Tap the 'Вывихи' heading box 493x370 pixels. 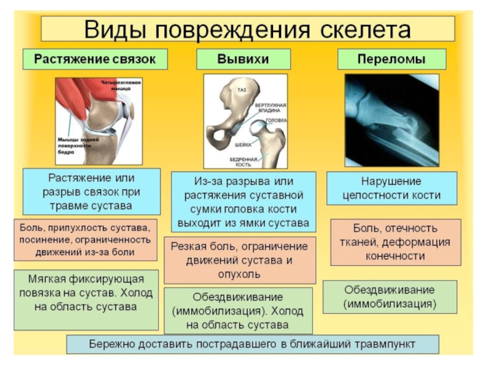point(243,60)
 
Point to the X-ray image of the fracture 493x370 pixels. point(392,120)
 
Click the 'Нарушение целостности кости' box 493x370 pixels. point(392,189)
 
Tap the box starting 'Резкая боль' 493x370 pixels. point(243,258)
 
